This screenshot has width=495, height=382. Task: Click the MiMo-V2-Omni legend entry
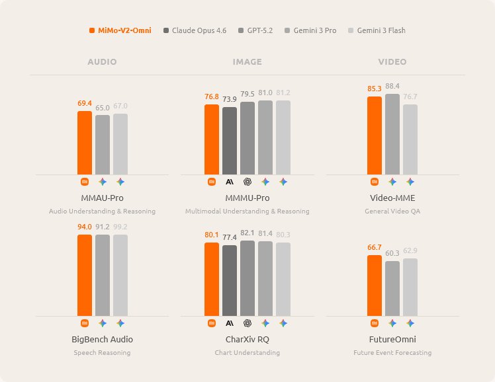pos(120,30)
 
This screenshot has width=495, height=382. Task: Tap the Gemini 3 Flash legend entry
pos(377,30)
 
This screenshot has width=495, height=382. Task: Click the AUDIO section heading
pos(102,61)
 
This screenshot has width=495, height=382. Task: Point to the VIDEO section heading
pos(392,61)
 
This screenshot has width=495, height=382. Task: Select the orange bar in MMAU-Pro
pos(85,142)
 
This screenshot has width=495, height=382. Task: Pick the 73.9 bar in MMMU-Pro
pos(230,140)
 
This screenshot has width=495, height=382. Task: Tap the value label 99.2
pos(120,227)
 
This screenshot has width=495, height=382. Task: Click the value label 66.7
pos(375,248)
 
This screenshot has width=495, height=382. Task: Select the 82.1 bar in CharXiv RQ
pos(247,278)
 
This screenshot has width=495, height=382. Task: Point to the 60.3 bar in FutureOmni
pos(392,288)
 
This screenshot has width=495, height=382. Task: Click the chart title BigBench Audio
pos(102,339)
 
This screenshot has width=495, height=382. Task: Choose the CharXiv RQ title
pos(247,339)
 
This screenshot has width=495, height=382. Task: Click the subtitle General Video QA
pos(392,211)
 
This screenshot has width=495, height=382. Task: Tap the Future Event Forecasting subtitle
pos(392,353)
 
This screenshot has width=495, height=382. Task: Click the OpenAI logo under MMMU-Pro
pos(247,181)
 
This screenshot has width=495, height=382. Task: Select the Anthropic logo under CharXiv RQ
pos(230,323)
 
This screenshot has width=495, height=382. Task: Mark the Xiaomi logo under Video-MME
pos(375,181)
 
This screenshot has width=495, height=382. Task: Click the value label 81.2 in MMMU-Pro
pos(283,93)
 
